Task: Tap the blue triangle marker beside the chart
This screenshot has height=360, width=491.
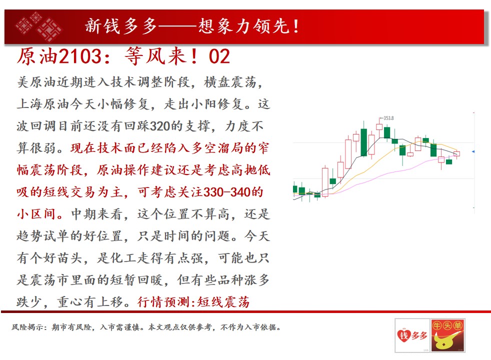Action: click(x=473, y=151)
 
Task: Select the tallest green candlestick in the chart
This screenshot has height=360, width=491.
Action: click(x=363, y=142)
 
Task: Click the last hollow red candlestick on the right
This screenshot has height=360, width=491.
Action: click(x=456, y=153)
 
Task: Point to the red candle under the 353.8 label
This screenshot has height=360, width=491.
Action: click(x=379, y=126)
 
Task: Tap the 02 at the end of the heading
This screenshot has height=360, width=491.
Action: click(x=219, y=56)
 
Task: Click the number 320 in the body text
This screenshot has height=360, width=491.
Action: click(x=160, y=126)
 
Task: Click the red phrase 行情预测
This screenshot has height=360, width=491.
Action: click(x=164, y=302)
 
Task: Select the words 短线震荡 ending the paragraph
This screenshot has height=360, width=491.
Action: click(x=223, y=302)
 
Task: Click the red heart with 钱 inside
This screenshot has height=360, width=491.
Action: click(x=404, y=335)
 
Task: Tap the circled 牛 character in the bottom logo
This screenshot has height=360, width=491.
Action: click(x=437, y=325)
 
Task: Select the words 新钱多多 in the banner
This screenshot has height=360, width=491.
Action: click(x=121, y=26)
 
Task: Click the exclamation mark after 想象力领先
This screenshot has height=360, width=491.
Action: click(x=296, y=26)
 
